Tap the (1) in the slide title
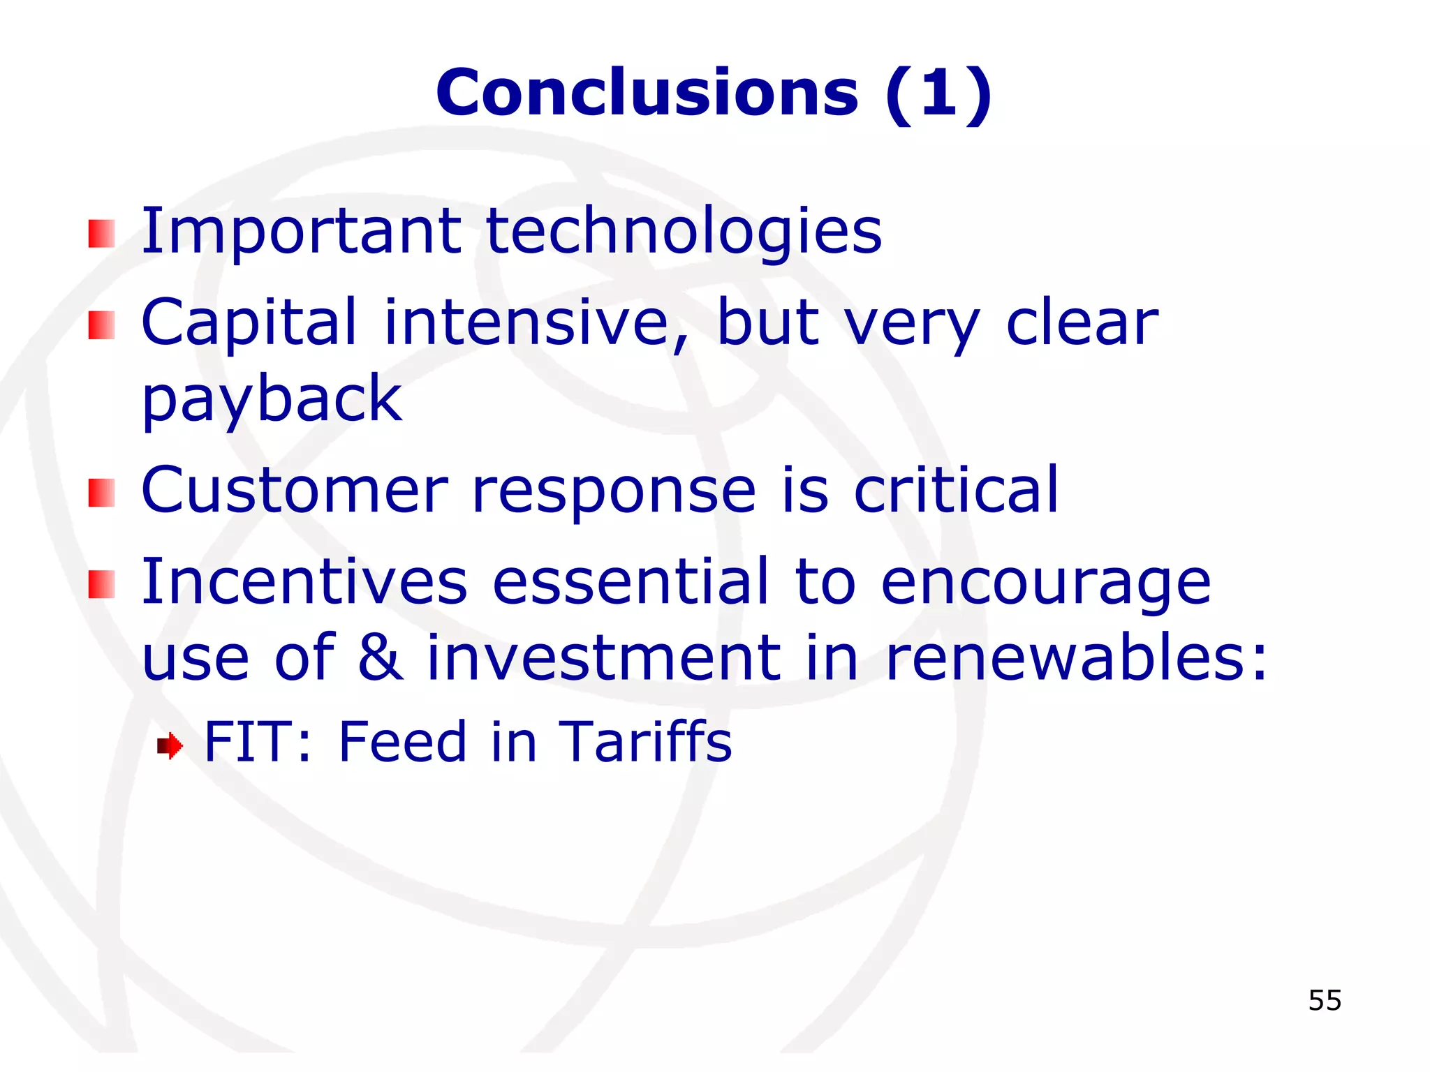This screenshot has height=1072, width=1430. tap(938, 94)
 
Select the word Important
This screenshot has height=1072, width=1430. tap(301, 232)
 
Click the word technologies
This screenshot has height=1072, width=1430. tap(684, 232)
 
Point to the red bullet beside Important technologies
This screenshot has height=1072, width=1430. tap(102, 234)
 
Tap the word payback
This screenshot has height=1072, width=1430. tap(272, 400)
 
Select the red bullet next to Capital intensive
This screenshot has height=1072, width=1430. tap(102, 325)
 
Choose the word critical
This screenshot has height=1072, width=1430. tap(956, 490)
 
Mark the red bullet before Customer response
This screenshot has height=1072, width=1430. tap(102, 493)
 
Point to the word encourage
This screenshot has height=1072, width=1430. tap(1045, 583)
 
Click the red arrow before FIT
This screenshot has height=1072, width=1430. tap(170, 746)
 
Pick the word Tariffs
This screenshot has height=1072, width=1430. tap(645, 741)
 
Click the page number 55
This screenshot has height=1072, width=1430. tap(1325, 1000)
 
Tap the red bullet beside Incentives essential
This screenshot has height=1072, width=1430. tap(102, 585)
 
